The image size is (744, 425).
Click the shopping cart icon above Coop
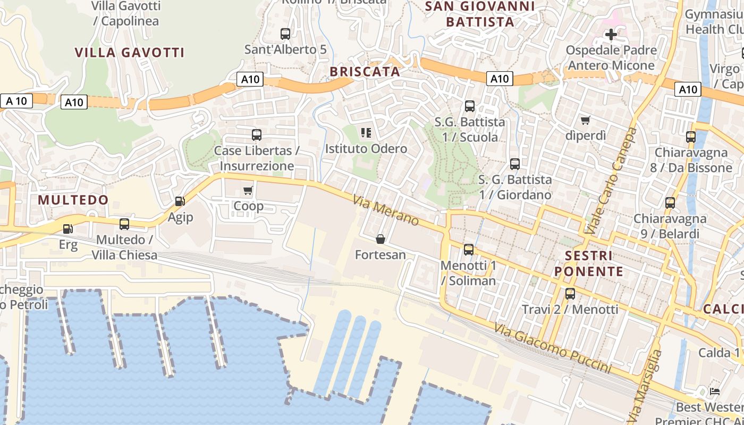pos(248,190)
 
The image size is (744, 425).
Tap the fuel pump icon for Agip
pos(180,201)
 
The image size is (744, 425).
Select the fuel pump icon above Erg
pos(67,229)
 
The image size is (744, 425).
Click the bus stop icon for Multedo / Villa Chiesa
pos(124,224)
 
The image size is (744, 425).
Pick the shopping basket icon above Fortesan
pos(381,239)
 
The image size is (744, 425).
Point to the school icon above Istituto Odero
pos(366,133)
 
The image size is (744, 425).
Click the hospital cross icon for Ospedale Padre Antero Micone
pos(611,35)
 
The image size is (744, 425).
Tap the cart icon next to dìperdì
pos(585,120)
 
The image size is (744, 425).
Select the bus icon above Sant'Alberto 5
pos(285,34)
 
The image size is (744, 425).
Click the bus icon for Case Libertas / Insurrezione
pos(257,135)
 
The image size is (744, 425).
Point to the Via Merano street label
pos(386,211)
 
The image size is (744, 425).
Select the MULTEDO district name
pos(73,200)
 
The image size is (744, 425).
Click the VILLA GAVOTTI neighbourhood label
pos(130,53)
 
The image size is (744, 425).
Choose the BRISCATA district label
pos(365,72)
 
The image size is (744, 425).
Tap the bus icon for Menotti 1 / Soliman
pos(468,249)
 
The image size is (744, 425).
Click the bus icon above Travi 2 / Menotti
pos(570,293)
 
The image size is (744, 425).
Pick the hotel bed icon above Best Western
pos(715,392)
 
